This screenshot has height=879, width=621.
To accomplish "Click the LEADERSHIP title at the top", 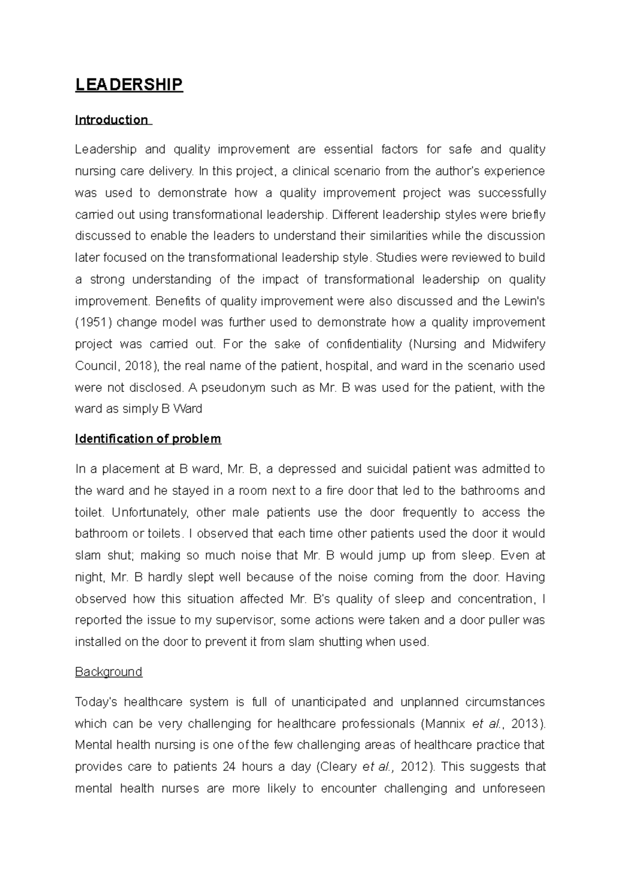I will coord(129,85).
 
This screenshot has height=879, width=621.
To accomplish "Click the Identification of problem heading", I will coord(148,439).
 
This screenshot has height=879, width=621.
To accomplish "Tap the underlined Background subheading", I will coord(109,672).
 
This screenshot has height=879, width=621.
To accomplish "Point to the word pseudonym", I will coord(233,388).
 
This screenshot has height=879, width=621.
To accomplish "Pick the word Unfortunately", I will coord(146,512).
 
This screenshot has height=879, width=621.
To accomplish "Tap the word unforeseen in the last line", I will coord(511,788).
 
